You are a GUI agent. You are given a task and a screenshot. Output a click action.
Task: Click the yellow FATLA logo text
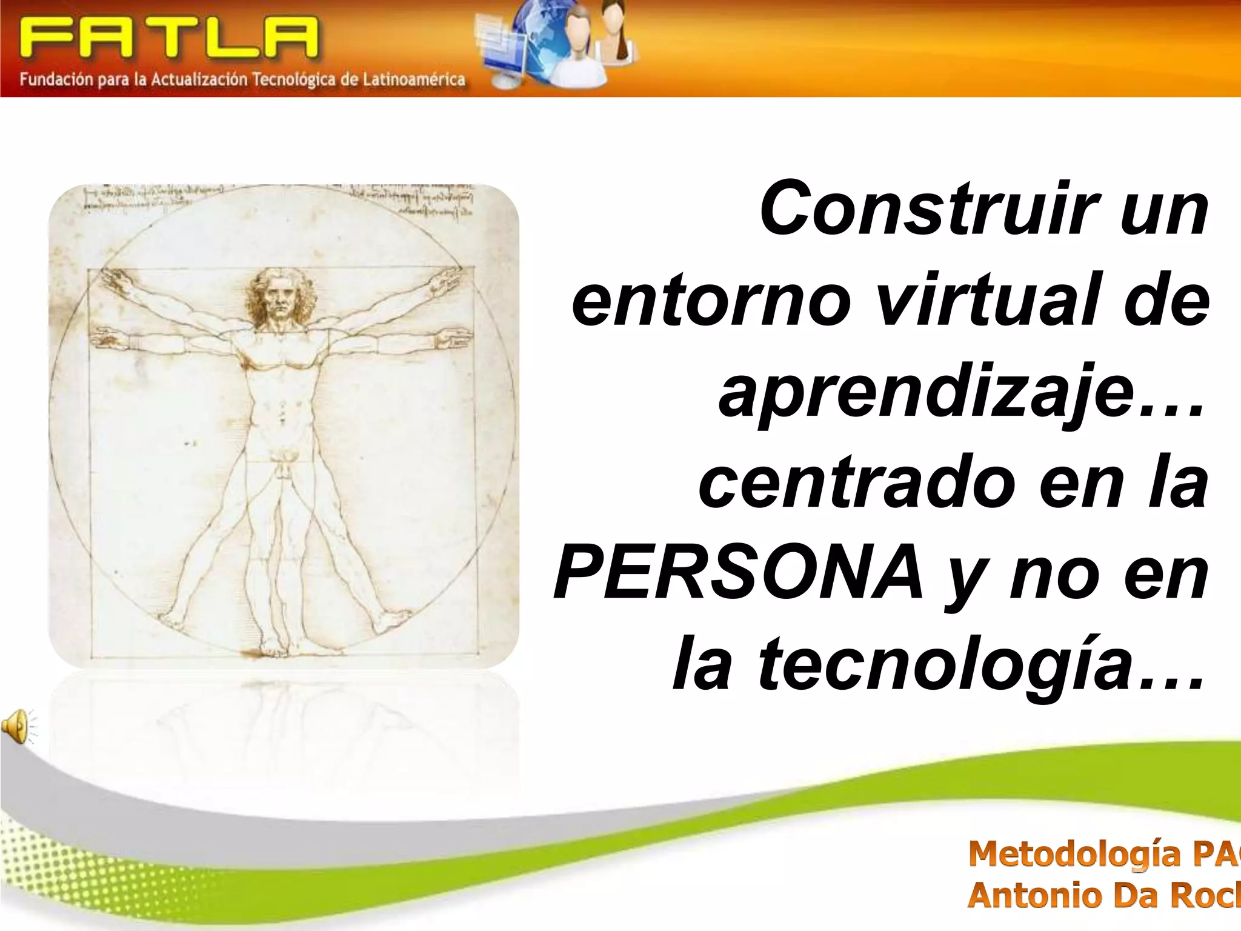(168, 38)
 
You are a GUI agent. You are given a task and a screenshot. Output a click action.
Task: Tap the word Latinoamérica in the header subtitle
(414, 80)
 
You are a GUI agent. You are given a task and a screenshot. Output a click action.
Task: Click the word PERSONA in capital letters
(739, 572)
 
